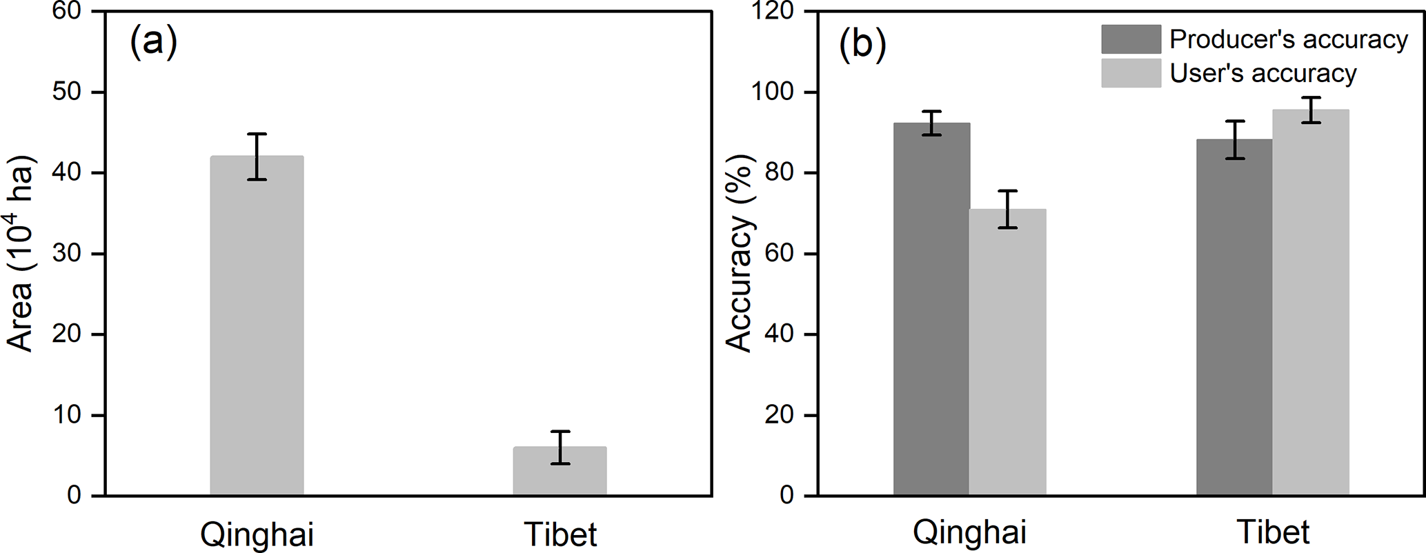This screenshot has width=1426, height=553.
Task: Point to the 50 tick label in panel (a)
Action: coord(67,92)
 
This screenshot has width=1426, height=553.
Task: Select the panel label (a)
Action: coord(153,43)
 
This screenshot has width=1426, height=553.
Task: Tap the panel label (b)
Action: coord(862,44)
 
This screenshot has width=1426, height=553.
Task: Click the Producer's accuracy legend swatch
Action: coord(1131,39)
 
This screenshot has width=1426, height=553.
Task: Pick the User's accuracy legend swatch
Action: coord(1131,73)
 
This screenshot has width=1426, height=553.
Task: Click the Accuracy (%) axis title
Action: coord(740,254)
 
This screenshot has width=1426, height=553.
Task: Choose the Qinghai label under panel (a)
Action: coord(257,534)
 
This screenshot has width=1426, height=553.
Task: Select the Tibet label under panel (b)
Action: coord(1273,533)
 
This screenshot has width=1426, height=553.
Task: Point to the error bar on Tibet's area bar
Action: coord(560,448)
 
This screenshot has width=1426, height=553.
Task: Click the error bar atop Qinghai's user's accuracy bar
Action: coord(1007,209)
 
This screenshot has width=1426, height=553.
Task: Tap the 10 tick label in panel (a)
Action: coord(67,415)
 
